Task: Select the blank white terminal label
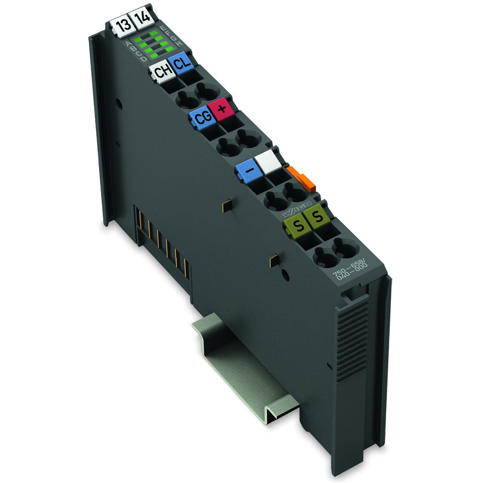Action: (x=267, y=160)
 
